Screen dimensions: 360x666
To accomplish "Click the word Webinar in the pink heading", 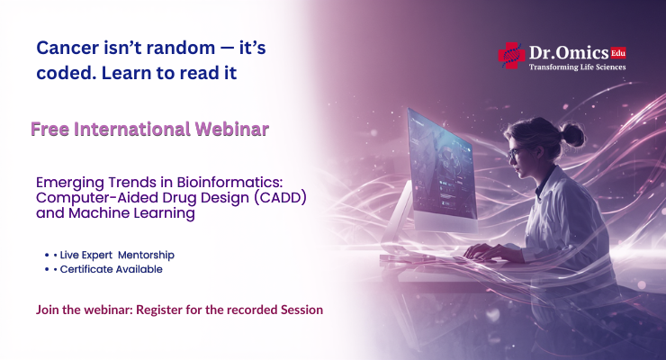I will click(x=228, y=129).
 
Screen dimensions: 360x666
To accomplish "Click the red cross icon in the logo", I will click(x=511, y=55).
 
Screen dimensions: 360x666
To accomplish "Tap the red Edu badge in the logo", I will click(x=617, y=52).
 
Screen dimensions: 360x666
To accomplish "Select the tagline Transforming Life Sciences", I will click(x=576, y=67).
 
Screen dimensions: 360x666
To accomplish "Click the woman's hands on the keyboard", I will click(x=486, y=253).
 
